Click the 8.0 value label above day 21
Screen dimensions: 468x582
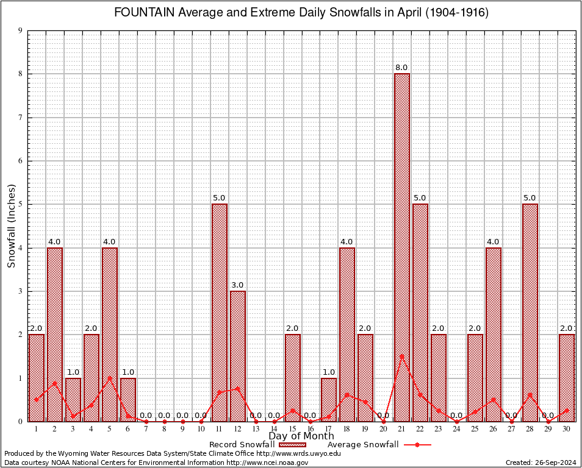click(x=402, y=68)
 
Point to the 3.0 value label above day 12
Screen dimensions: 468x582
click(x=238, y=285)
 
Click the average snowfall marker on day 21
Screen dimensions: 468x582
click(x=402, y=356)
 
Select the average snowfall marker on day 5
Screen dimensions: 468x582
click(x=110, y=378)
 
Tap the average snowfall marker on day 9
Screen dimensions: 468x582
click(x=183, y=421)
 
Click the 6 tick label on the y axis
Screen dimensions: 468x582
click(x=20, y=161)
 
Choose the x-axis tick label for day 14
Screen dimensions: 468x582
click(x=274, y=429)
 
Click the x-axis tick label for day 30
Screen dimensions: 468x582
click(x=567, y=429)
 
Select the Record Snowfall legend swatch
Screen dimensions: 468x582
click(x=293, y=445)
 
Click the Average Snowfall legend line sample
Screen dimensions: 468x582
click(x=417, y=445)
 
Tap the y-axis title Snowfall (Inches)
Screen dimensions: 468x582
click(x=12, y=225)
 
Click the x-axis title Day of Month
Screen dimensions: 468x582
click(x=301, y=436)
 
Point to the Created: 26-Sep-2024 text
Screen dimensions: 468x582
click(x=541, y=463)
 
